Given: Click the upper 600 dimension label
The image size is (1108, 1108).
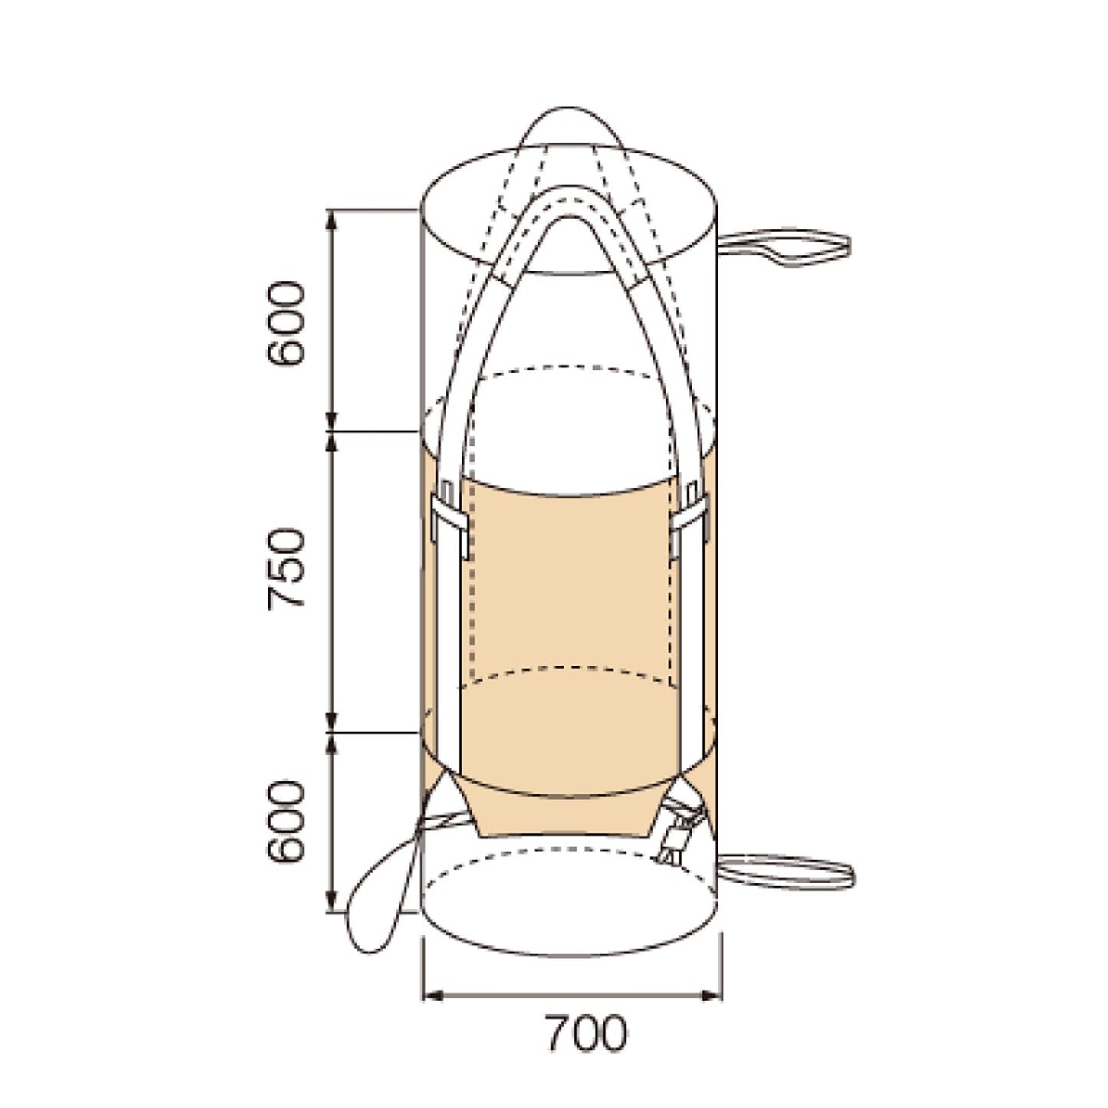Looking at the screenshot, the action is point(286,323).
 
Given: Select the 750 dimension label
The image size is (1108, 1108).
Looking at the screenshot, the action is point(286,569).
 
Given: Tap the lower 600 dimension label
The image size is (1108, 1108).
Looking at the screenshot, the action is point(286,822).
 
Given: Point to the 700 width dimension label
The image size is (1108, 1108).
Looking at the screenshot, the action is point(586,1034).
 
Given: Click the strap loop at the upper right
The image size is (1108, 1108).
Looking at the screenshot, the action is point(784,248).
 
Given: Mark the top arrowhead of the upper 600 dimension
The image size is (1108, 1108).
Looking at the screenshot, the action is point(331,219).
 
